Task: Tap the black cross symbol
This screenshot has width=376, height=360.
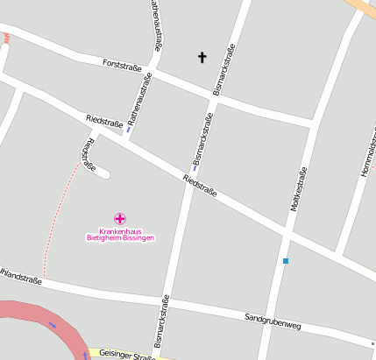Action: (x=202, y=58)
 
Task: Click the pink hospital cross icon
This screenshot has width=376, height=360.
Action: (x=120, y=218)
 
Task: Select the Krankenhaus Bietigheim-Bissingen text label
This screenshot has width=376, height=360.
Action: (x=120, y=234)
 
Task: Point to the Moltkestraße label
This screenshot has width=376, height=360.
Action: (x=297, y=190)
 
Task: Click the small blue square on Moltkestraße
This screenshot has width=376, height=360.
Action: (x=285, y=261)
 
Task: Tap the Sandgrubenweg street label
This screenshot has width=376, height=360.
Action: (x=273, y=321)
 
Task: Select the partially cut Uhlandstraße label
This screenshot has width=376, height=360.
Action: (x=20, y=280)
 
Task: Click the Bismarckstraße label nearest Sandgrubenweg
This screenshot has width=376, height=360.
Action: (x=161, y=322)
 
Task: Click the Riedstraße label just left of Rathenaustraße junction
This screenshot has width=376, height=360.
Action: (x=104, y=122)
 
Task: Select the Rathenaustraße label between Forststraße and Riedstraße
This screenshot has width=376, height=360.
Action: (x=140, y=98)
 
